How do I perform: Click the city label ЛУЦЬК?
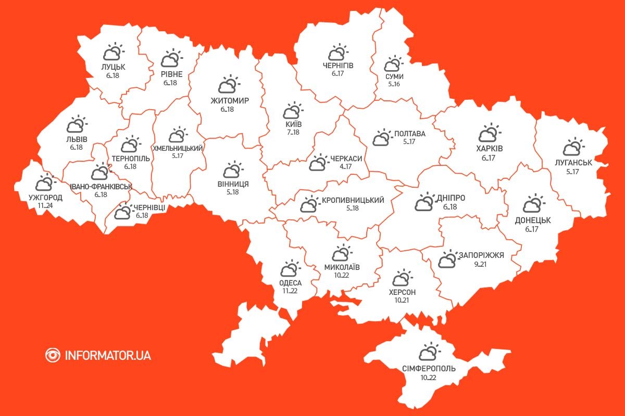pos(114,67)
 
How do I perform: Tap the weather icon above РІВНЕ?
pos(171,59)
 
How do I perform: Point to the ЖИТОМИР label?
pos(230,100)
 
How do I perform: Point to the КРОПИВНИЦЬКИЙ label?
pos(353,200)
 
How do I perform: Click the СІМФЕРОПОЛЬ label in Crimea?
pos(429,369)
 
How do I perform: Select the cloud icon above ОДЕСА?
pos(290,269)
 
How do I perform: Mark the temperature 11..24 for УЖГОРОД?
pos(45,205)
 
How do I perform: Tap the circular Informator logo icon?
pos(53,355)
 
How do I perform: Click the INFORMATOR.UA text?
pos(108,356)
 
